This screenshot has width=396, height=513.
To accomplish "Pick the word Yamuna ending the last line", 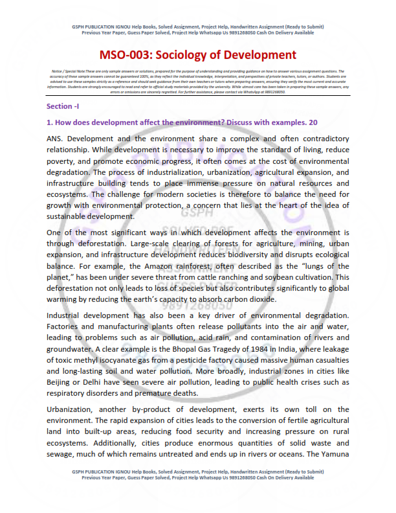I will [x=333, y=453].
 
